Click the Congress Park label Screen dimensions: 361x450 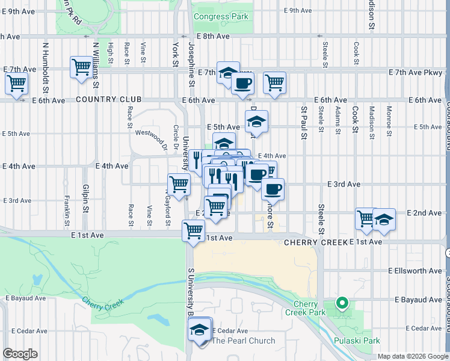[221, 17]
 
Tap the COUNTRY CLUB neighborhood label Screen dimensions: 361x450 [109, 100]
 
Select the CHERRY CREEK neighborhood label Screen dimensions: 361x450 [316, 242]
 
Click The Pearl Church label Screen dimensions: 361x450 [244, 341]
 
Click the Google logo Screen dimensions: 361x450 [20, 354]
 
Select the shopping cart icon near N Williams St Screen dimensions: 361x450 [81, 67]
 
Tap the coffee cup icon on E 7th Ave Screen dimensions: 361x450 [243, 84]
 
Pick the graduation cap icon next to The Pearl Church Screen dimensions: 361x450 [199, 330]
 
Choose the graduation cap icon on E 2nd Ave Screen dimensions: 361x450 [384, 220]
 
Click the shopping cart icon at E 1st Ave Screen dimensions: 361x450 [194, 231]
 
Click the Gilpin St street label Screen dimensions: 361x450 [86, 197]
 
